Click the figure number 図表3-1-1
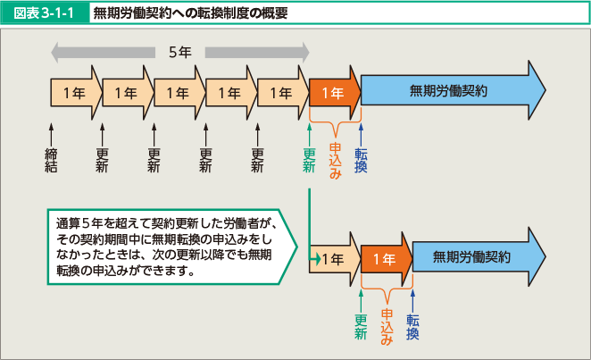pos(45,14)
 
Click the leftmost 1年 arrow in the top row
pos(74,91)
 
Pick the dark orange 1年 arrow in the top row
pos(333,91)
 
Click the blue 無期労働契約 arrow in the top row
pos(451,91)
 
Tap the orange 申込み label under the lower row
pos(387,327)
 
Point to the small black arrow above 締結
pos(51,129)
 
